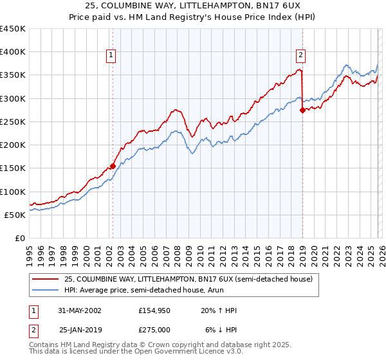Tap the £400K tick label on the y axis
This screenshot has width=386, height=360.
(13, 52)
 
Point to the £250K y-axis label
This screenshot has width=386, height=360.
(13, 122)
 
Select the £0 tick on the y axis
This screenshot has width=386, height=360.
(19, 238)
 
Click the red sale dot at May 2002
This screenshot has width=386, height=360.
(113, 166)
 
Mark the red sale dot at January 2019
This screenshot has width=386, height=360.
(302, 111)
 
